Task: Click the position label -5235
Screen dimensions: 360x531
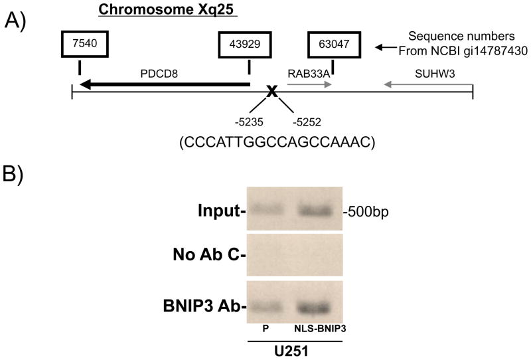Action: pyautogui.click(x=248, y=122)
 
